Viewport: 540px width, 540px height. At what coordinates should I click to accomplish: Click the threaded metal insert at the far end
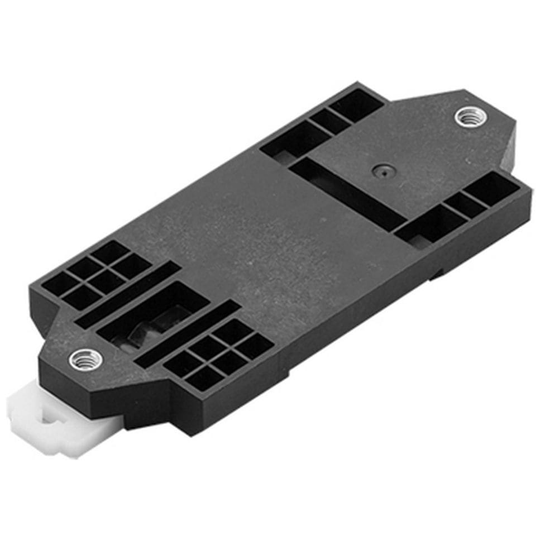click(x=470, y=117)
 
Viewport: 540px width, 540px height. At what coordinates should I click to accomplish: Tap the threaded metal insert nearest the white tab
click(x=87, y=359)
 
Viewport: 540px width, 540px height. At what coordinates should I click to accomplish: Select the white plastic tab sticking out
click(x=56, y=419)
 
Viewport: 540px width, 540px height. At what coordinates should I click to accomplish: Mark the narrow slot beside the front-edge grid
click(x=187, y=334)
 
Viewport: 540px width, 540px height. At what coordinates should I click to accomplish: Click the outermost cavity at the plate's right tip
click(x=491, y=188)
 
